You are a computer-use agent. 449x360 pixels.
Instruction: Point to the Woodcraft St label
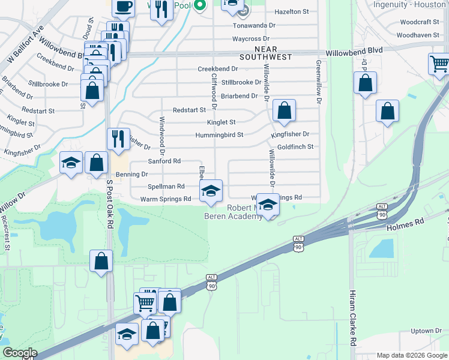pos(419,22)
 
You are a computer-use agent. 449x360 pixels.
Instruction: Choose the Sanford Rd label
pos(164,161)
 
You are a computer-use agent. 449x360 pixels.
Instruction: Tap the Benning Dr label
pos(131,174)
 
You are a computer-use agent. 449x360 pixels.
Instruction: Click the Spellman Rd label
pos(166,187)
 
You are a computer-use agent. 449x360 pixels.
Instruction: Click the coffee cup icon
pos(123,7)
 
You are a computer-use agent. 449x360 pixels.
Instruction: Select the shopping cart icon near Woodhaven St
pos(439,63)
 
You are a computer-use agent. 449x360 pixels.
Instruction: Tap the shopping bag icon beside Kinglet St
pos(285,110)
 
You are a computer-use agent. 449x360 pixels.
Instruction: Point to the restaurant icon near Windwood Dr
pos(118,139)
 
